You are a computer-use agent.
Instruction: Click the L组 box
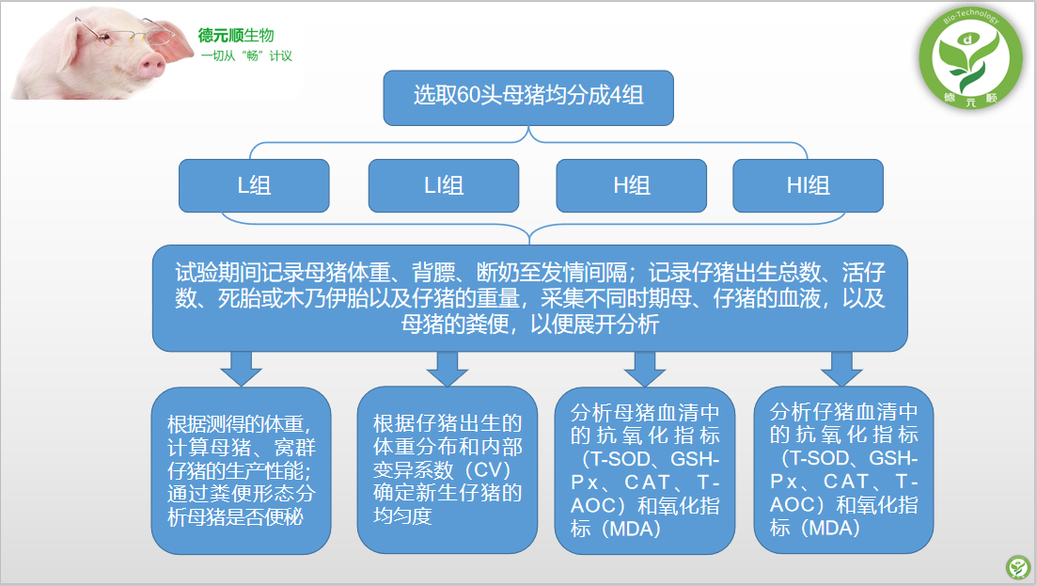tap(254, 186)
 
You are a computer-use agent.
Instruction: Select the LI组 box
tap(443, 186)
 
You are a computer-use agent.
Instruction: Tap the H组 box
tap(632, 186)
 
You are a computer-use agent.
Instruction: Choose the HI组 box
tap(809, 186)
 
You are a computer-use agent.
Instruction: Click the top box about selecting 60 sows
tap(528, 98)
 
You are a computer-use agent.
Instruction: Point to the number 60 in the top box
tap(468, 96)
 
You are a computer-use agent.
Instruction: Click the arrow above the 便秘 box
tap(241, 369)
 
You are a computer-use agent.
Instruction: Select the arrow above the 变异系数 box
tap(448, 369)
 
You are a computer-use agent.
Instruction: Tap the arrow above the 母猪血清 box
tap(645, 369)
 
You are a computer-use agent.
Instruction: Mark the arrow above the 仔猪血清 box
tap(841, 369)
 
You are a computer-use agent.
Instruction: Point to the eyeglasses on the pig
tap(126, 37)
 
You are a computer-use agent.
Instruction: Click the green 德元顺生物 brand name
tap(236, 35)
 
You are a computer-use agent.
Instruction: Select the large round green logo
tap(970, 57)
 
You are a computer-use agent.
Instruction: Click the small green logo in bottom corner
tap(1018, 567)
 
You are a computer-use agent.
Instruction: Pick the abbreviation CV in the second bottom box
tap(490, 470)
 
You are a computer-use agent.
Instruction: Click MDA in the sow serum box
tap(634, 530)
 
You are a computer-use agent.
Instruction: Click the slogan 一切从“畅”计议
tap(246, 56)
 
